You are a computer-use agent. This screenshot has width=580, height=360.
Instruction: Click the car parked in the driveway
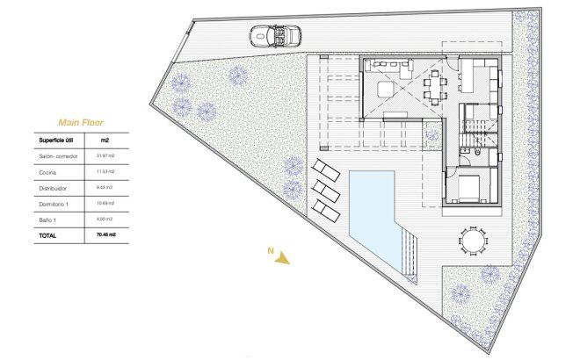pyautogui.click(x=274, y=36)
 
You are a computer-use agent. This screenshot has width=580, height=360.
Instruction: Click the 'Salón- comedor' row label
pyautogui.click(x=59, y=155)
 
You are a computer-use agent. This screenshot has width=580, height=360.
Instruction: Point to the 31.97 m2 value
pyautogui.click(x=106, y=155)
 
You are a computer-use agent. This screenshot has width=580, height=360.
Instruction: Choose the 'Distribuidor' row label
pyautogui.click(x=54, y=187)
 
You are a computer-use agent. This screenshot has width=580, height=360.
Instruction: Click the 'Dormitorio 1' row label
pyautogui.click(x=55, y=203)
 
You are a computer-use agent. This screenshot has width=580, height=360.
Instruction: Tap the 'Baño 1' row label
pyautogui.click(x=48, y=219)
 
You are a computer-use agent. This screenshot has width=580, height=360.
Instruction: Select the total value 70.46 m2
pyautogui.click(x=107, y=235)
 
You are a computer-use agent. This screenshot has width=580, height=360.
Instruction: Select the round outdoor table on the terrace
pyautogui.click(x=473, y=239)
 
